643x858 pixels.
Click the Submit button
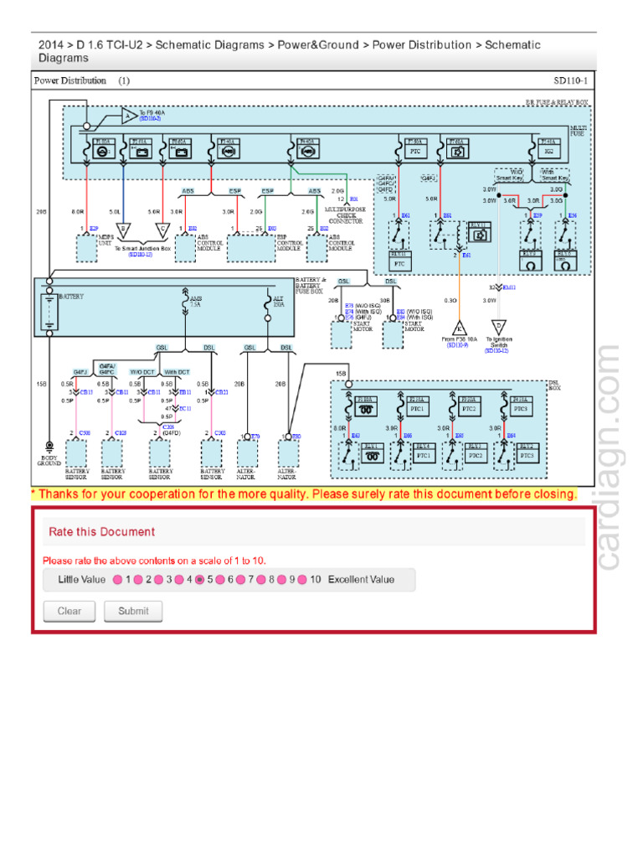[133, 611]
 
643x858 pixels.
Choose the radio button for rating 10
[302, 580]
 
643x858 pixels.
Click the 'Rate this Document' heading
[101, 531]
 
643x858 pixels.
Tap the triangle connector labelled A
[127, 116]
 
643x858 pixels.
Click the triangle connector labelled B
[125, 228]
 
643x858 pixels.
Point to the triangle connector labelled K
[458, 327]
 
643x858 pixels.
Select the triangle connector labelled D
[498, 327]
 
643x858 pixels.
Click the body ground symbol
[49, 446]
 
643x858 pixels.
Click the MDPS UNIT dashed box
[87, 248]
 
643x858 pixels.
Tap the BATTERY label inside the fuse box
[71, 297]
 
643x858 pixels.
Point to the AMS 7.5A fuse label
[195, 302]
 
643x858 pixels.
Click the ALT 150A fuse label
[279, 302]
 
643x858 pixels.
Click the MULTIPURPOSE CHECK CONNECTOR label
[345, 215]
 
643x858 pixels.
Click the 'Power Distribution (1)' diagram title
[81, 81]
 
